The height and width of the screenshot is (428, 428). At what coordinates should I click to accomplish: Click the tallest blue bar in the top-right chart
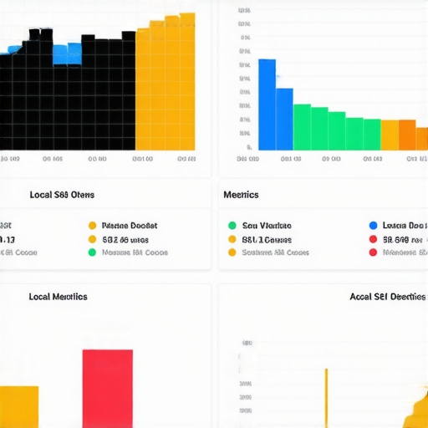[x=267, y=104]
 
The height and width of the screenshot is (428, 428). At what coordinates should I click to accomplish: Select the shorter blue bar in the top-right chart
[x=284, y=118]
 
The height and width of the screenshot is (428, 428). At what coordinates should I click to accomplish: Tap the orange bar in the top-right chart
[x=407, y=135]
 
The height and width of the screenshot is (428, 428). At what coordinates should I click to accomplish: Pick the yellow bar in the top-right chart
[x=390, y=135]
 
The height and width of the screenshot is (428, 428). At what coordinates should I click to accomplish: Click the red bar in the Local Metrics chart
[x=107, y=388]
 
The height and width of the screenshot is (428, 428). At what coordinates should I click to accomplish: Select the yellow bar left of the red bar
[x=18, y=406]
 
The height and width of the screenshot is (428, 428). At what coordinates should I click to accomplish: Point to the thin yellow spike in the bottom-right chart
[x=326, y=397]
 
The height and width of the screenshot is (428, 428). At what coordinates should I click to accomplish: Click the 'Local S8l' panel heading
[x=62, y=195]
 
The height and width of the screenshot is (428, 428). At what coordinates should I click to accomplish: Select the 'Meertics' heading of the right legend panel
[x=241, y=195]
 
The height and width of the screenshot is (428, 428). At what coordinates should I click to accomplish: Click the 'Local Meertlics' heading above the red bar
[x=58, y=297]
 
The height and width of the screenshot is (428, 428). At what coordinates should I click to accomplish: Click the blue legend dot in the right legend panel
[x=373, y=226]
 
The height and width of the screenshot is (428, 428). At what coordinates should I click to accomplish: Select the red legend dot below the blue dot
[x=373, y=239]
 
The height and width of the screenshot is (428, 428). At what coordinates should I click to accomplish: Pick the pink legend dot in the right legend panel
[x=373, y=252]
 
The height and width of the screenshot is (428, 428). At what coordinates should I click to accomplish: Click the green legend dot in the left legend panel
[x=92, y=252]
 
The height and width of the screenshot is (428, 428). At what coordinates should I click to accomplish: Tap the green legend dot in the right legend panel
[x=232, y=226]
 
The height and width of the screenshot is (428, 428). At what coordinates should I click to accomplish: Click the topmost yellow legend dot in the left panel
[x=92, y=226]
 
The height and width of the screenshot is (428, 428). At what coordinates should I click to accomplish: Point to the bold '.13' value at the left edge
[x=7, y=239]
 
